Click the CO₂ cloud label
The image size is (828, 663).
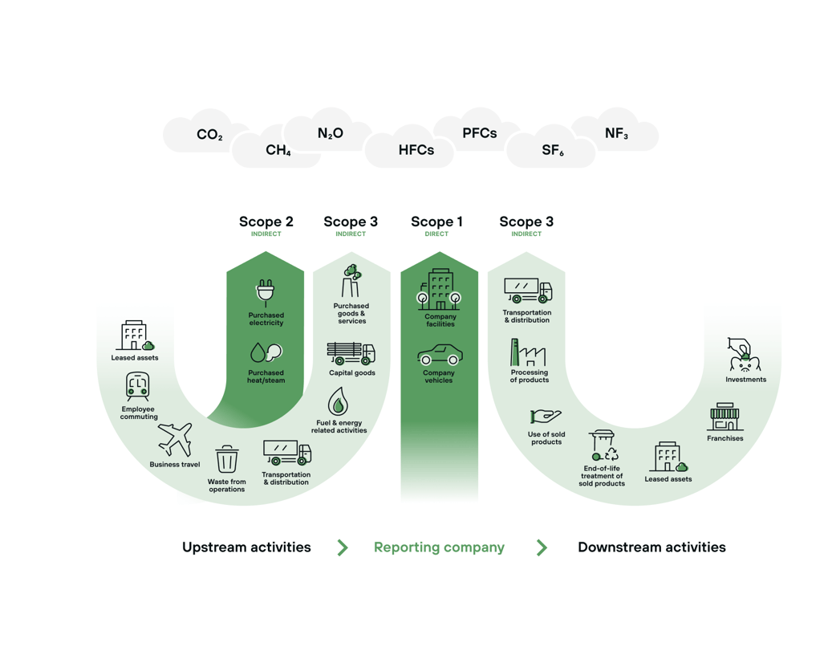point(209,135)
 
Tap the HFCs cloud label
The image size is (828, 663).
point(416,150)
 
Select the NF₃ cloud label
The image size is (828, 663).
point(616,134)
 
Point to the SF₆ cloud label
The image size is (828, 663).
point(552,150)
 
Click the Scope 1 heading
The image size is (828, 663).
point(436,222)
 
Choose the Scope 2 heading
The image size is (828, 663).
point(266,222)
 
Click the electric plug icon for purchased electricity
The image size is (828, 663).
point(266,293)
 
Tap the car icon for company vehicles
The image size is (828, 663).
point(440,354)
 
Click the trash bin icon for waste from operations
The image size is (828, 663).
point(227,460)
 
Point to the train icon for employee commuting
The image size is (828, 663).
point(138,388)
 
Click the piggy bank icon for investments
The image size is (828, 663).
point(744,355)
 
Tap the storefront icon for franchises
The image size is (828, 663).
point(724,417)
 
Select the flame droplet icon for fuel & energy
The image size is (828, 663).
point(338,401)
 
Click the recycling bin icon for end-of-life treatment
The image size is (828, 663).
point(603,445)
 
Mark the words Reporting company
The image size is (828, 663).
point(439,547)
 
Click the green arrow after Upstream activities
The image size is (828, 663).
point(343,547)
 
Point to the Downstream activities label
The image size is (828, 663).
point(651,547)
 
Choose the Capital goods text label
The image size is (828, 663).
point(352,373)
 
